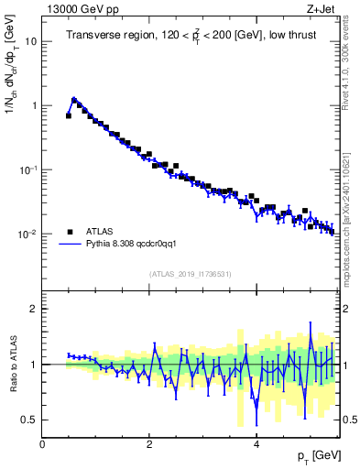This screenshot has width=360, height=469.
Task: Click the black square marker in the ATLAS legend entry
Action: click(70, 231)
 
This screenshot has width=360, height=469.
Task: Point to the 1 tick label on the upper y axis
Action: click(34, 106)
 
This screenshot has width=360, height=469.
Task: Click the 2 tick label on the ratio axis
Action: click(34, 309)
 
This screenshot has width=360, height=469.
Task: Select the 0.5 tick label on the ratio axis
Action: click(29, 420)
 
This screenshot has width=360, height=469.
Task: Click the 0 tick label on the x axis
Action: click(42, 444)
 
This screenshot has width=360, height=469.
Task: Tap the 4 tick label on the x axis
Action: click(256, 444)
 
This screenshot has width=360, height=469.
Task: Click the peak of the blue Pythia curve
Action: click(73, 99)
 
